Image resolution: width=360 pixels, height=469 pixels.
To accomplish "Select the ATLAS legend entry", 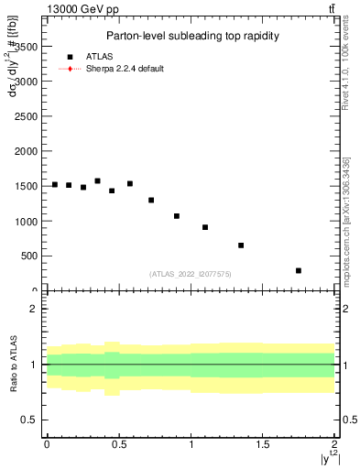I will click(101, 56).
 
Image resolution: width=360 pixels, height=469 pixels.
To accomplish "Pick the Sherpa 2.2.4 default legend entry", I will click(125, 69).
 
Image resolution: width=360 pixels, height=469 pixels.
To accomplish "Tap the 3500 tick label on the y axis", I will click(25, 46).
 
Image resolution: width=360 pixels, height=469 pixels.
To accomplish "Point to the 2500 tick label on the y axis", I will click(25, 116).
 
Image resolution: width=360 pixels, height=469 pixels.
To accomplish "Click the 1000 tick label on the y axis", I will click(25, 221).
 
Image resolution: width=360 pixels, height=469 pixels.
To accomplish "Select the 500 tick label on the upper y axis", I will click(27, 256).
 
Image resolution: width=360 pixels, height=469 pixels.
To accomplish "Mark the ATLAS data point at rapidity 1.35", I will click(241, 245).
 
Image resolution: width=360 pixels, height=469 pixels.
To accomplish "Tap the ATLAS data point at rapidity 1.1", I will click(205, 227).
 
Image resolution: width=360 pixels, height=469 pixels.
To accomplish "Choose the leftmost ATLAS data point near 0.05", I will click(55, 184).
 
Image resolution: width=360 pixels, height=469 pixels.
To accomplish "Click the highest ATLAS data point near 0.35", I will click(98, 181).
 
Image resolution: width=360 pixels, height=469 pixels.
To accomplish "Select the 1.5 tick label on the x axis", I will click(263, 444).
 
